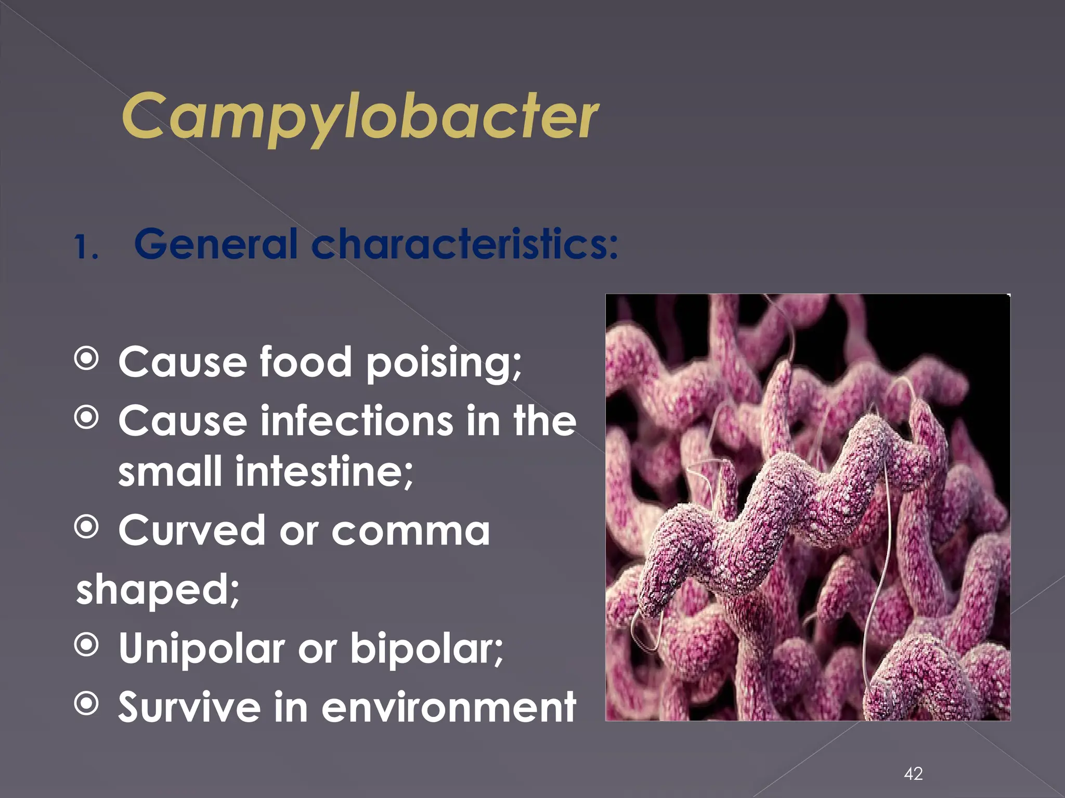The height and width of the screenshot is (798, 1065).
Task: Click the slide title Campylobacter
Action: [x=360, y=117]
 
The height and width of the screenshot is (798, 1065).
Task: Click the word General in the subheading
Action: [x=215, y=244]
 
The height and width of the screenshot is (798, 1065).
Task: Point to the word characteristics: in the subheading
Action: [x=464, y=244]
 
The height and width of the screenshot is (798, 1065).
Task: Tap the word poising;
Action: [x=444, y=363]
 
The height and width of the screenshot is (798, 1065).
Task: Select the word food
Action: [x=306, y=362]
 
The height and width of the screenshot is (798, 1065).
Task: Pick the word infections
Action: [x=356, y=420]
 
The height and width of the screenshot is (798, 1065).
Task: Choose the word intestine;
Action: [x=323, y=472]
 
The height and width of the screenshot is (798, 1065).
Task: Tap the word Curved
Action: [x=192, y=530]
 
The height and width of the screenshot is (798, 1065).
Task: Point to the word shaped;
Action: [x=158, y=590]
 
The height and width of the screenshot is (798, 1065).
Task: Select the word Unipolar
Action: [x=201, y=649]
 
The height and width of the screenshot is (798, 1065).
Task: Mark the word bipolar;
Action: [x=426, y=649]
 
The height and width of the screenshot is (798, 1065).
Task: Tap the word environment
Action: [x=449, y=707]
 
